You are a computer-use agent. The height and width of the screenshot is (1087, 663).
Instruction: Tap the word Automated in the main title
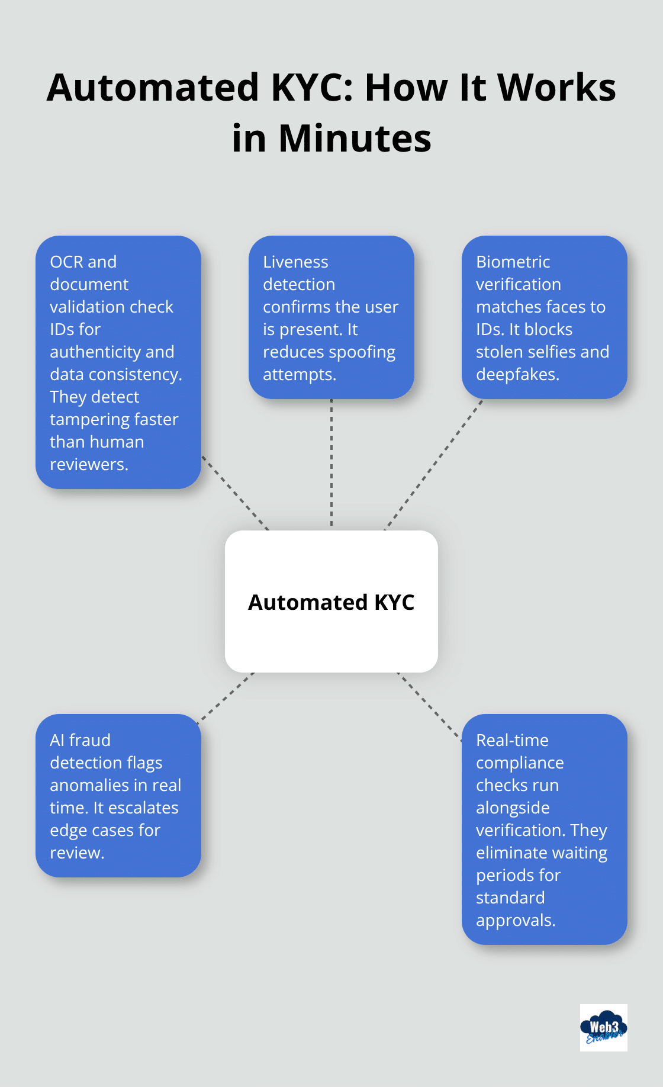tap(153, 88)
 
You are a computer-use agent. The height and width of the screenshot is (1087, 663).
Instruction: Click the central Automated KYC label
tap(331, 602)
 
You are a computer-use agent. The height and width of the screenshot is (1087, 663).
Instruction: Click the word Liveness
tap(295, 262)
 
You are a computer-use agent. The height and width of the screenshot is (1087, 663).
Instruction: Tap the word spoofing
tap(362, 352)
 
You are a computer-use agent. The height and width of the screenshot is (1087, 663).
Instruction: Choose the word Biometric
tap(513, 262)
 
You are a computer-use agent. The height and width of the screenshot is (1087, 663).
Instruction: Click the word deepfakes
tap(517, 375)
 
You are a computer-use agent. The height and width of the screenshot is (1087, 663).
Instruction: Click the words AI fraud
tap(80, 740)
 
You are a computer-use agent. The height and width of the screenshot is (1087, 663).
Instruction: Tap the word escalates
tap(144, 808)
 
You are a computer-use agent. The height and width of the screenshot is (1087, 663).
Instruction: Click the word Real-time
tap(512, 740)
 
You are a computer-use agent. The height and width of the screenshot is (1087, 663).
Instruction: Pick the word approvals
tap(515, 921)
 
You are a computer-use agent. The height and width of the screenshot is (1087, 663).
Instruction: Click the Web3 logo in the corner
tap(603, 1028)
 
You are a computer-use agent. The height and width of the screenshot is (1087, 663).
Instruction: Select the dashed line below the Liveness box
tap(331, 462)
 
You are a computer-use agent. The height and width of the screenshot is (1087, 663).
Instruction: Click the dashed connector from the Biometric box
tap(433, 465)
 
